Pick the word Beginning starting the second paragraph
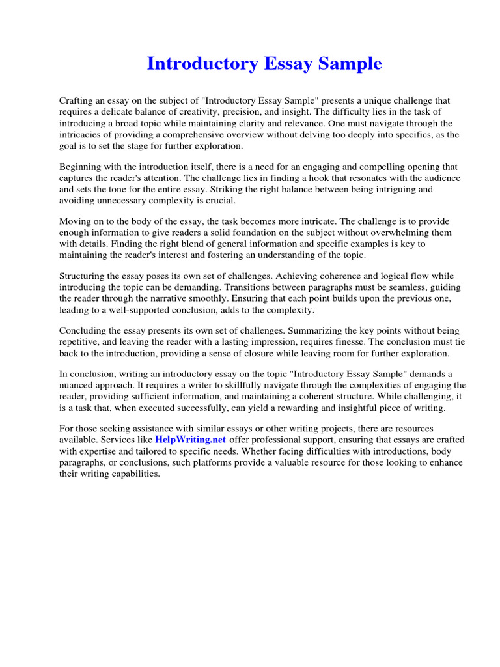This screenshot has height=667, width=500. (81, 167)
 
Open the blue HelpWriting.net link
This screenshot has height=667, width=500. (190, 441)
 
